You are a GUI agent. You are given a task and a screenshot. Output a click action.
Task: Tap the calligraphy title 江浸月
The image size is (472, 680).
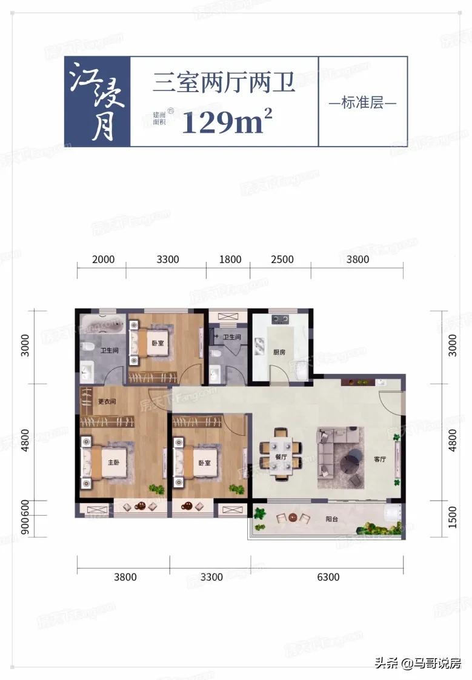(97, 102)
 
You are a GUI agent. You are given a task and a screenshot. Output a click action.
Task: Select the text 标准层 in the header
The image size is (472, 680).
(362, 102)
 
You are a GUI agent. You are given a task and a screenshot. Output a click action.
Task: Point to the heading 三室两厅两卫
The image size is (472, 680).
(224, 81)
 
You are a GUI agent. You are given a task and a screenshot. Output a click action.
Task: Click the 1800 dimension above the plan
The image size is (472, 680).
(230, 259)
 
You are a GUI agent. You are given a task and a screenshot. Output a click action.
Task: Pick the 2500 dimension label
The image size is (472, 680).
(281, 259)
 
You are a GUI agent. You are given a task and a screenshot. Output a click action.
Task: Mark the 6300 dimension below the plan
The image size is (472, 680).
(327, 577)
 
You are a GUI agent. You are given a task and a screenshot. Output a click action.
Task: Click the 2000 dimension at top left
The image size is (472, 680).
(103, 259)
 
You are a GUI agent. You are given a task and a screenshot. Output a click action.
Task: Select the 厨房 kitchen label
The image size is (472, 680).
(279, 352)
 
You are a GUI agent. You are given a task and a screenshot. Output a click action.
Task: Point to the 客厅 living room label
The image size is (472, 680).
(380, 459)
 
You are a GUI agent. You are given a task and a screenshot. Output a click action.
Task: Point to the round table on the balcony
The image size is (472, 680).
(293, 518)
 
